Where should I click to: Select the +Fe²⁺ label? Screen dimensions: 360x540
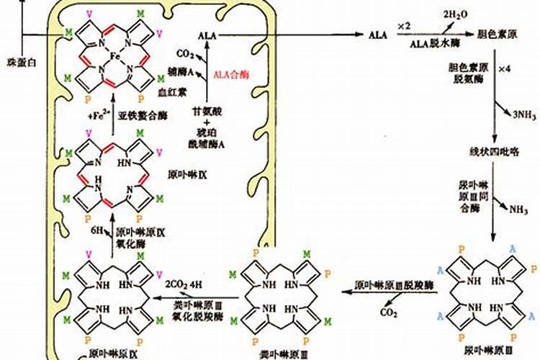[92, 115]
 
